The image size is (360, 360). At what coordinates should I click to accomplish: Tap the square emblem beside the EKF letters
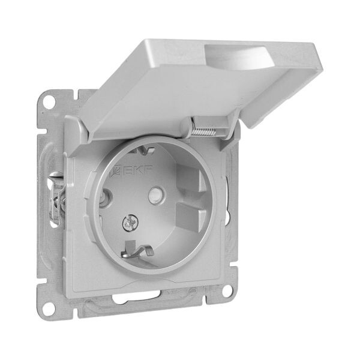click(x=115, y=171)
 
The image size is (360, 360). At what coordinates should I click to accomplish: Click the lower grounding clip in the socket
click(x=138, y=251)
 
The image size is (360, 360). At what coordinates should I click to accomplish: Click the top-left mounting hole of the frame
click(x=49, y=100)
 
